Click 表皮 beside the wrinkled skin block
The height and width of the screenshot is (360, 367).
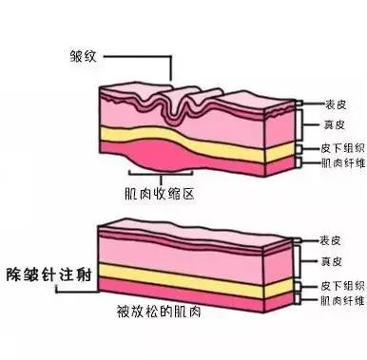[x=325, y=105]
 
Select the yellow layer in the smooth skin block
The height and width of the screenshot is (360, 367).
[x=190, y=275]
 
